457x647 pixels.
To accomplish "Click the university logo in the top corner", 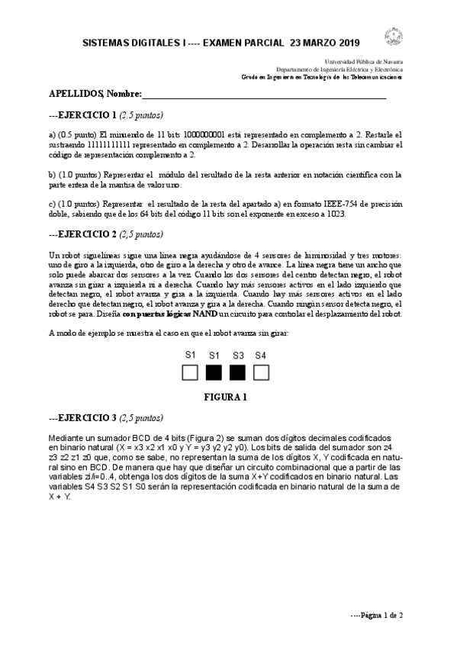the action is pos(394,37).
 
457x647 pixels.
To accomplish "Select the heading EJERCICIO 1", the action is pos(85,116).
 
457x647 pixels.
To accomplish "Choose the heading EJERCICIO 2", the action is pos(85,235).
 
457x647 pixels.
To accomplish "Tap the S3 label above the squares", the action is pos(238,356).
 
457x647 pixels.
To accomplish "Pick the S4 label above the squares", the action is pos(261,356).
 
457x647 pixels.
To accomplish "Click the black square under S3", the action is pos(238,372).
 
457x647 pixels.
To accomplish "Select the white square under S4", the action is pos(261,372).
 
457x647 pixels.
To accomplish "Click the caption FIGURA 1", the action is pos(225,397).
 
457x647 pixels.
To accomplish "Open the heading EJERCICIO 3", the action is pos(85,418).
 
